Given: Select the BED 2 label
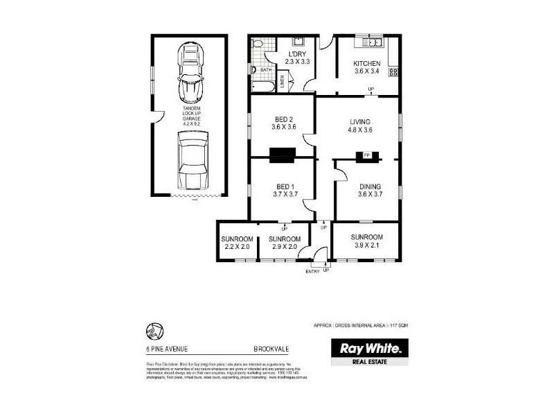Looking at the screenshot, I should (283, 119).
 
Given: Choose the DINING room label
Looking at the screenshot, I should (369, 187).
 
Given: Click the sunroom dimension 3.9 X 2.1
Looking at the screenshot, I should (366, 246).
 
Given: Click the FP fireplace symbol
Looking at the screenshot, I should (367, 155).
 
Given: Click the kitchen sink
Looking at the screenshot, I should (375, 44).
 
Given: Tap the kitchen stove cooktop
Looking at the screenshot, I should (393, 71).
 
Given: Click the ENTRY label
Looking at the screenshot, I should (312, 271).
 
